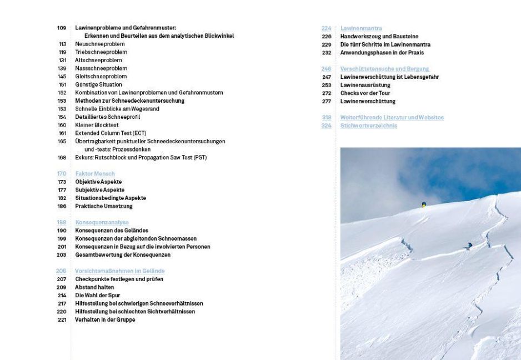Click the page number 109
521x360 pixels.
coord(61,28)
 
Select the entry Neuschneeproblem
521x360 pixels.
coord(99,44)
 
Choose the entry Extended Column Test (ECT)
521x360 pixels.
coord(111,133)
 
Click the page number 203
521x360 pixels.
coord(62,254)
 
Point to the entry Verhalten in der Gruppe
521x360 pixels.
coord(105,319)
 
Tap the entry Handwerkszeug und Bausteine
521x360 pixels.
coord(379,36)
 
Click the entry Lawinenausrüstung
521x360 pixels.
coord(365,85)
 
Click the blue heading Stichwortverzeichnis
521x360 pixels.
coord(368,126)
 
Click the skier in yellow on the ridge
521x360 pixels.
coord(424,204)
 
